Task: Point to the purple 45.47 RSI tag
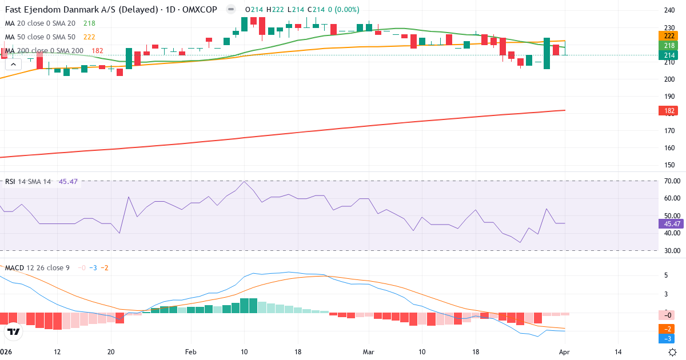coord(670,224)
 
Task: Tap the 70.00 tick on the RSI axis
coord(671,181)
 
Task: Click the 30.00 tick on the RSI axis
coord(671,251)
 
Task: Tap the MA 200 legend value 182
coord(97,51)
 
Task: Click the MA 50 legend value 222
coord(89,37)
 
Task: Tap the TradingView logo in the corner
coord(14,331)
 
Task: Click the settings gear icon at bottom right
coord(673,351)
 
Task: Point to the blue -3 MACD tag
coord(667,339)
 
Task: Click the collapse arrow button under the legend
coord(13,65)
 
